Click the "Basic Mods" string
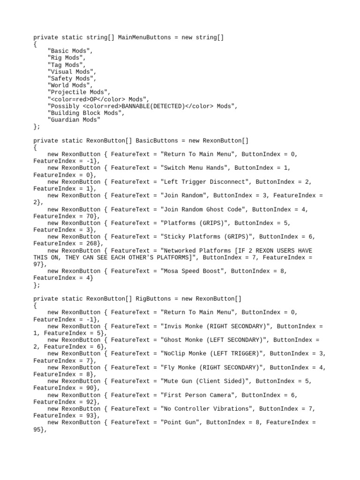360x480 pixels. [x=70, y=51]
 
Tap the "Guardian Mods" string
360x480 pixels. [x=74, y=120]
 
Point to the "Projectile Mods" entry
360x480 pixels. [x=79, y=92]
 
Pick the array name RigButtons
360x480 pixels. [x=153, y=299]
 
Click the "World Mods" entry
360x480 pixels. [x=68, y=85]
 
